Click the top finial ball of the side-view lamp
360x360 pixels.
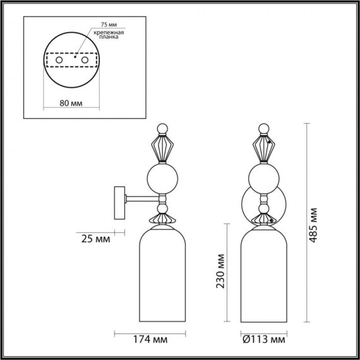click(162, 129)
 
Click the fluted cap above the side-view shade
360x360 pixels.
click(162, 219)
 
